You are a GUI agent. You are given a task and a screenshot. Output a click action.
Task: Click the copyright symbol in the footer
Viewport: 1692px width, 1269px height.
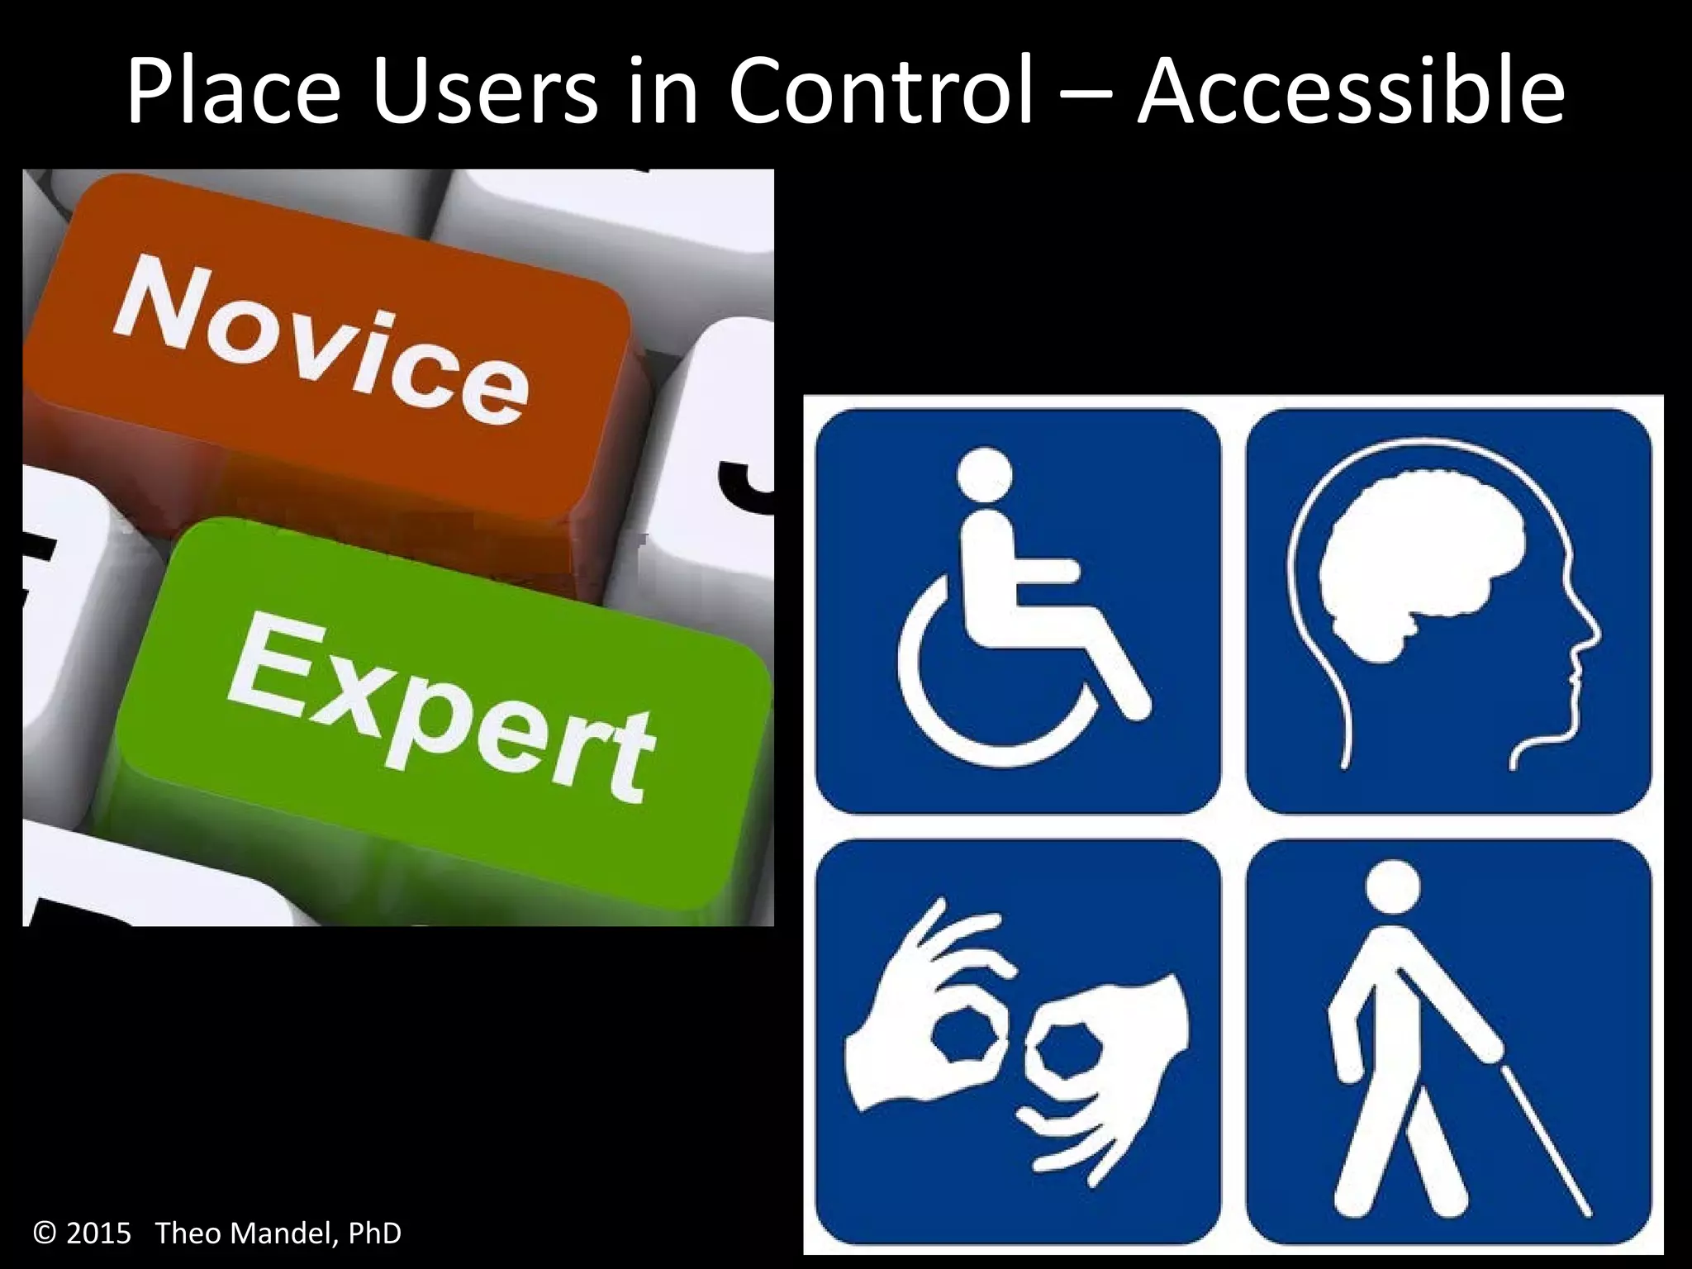45,1233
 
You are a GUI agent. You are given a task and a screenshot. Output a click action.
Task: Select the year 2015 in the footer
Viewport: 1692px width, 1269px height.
98,1233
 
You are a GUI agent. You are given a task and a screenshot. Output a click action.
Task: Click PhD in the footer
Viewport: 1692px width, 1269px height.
374,1233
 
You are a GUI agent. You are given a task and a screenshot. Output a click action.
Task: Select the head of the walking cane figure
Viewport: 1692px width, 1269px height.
1393,889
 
